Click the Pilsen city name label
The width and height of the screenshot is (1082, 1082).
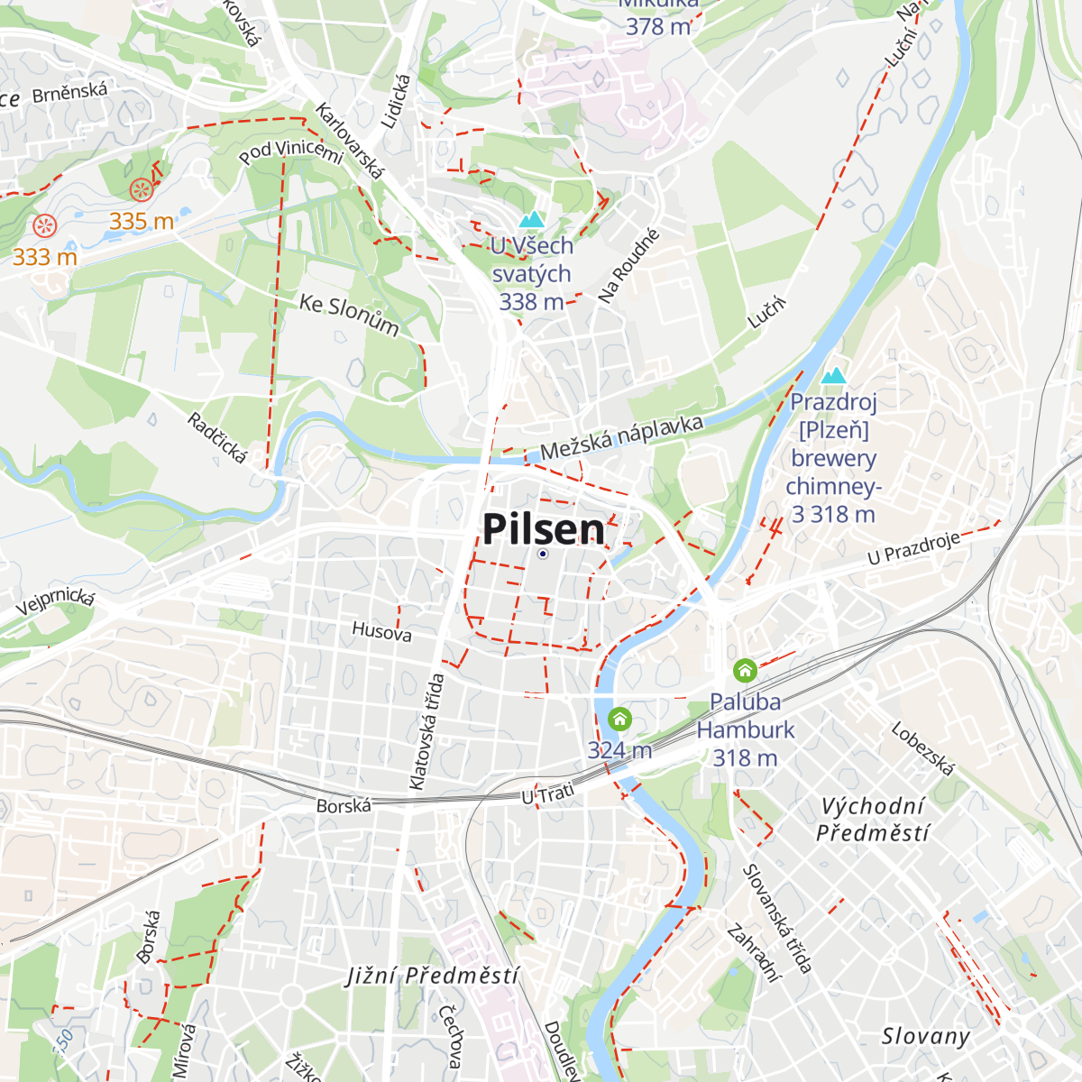tap(544, 529)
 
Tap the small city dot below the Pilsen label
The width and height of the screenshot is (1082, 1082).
tap(543, 554)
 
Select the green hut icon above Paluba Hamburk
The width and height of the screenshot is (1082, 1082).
tap(745, 670)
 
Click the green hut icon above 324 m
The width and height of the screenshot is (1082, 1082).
tap(619, 719)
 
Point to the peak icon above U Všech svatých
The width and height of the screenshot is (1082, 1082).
tap(531, 220)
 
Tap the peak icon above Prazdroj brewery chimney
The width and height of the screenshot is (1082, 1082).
tap(834, 375)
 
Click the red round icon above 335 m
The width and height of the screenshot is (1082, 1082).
tap(141, 190)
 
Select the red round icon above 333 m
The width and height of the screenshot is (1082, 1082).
tap(44, 225)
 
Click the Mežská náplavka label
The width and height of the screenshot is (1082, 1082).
tap(621, 437)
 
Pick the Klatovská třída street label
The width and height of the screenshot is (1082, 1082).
tap(426, 731)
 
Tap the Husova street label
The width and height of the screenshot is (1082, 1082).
tap(381, 631)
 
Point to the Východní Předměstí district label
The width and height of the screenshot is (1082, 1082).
tap(872, 820)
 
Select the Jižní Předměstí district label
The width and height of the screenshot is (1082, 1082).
tap(433, 976)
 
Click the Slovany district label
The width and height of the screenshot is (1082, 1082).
tap(925, 1037)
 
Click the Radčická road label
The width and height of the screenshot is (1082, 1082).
tap(217, 437)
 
